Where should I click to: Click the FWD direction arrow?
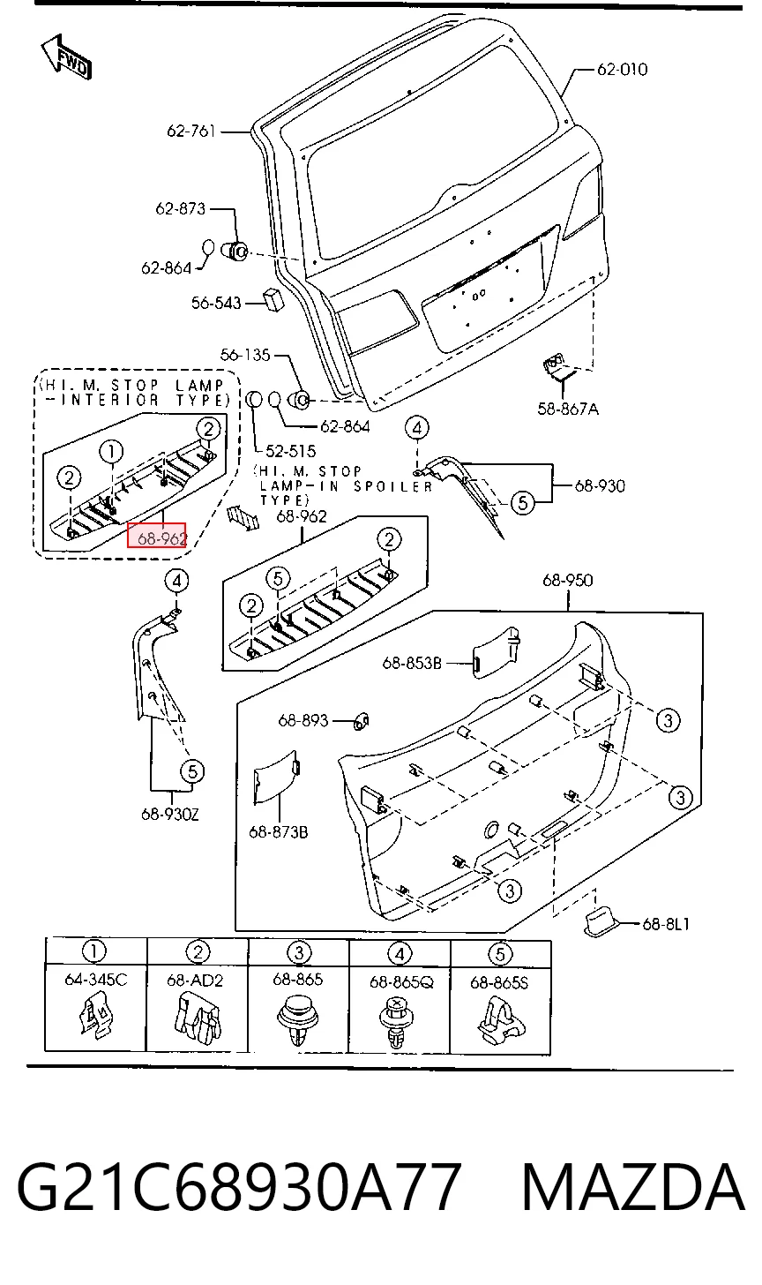tap(66, 57)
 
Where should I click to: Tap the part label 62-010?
tap(622, 70)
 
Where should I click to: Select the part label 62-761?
tap(190, 132)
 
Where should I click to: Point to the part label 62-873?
tap(180, 208)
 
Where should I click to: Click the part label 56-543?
tap(216, 303)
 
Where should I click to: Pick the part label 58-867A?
tap(568, 409)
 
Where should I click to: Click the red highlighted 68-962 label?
tap(156, 535)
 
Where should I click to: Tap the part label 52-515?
tap(291, 451)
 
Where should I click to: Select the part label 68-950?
tap(568, 580)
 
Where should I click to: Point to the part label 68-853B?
tap(412, 663)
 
